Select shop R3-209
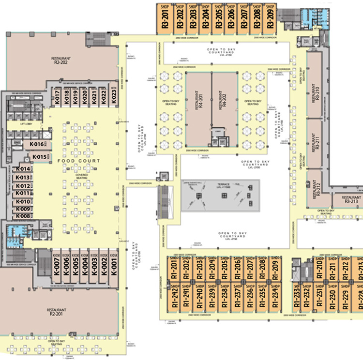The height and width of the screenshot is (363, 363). pyautogui.click(x=270, y=18)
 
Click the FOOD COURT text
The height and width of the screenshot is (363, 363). pyautogui.click(x=79, y=161)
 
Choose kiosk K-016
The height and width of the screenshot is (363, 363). pyautogui.click(x=37, y=144)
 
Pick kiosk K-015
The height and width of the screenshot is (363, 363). pyautogui.click(x=39, y=157)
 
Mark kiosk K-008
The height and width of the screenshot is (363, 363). pyautogui.click(x=23, y=216)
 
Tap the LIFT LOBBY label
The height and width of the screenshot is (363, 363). pyautogui.click(x=26, y=124)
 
